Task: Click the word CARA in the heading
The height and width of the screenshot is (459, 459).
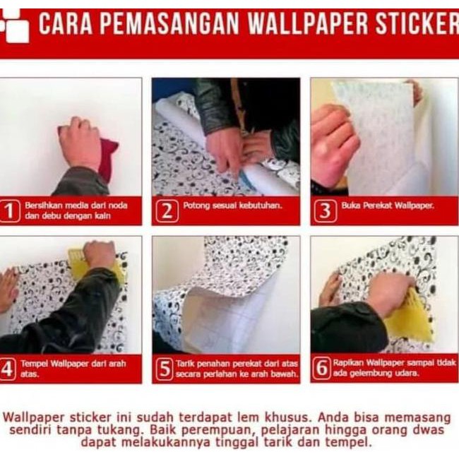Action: point(64,24)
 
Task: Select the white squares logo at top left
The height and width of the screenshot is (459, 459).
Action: point(14,25)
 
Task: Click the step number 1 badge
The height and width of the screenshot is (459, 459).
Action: point(10,211)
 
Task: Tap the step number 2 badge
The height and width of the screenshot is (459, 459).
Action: point(166,211)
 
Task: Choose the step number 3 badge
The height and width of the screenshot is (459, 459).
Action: point(324,211)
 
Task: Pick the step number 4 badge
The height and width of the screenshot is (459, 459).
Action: point(8,369)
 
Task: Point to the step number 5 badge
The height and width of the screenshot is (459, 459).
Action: point(165,369)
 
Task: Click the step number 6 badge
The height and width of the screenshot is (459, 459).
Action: point(322,369)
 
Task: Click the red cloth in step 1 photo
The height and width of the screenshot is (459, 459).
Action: point(107,159)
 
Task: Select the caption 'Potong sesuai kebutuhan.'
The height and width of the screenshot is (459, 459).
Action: point(222,206)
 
